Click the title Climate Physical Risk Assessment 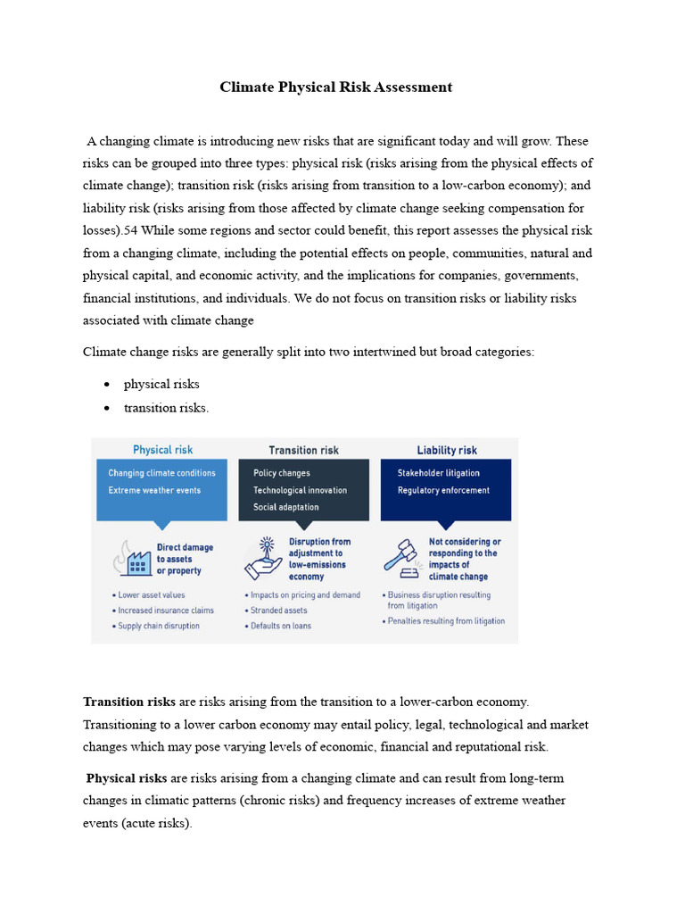336,87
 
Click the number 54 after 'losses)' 133,230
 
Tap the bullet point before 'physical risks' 107,385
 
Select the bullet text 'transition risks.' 166,408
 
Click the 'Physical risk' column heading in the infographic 162,450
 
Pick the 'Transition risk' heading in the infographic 303,450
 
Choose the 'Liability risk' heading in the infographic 446,450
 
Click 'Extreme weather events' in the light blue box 154,490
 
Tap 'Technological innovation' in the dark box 300,490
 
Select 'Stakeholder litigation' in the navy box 438,473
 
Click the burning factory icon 131,559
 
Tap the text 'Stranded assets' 278,611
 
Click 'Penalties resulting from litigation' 445,620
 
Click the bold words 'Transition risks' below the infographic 129,702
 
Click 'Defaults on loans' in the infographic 282,626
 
